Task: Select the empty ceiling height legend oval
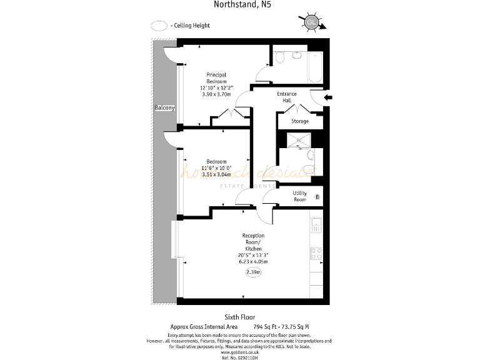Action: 160,26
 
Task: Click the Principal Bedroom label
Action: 216,77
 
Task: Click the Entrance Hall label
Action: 287,97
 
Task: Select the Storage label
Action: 300,121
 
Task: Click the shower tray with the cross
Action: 299,140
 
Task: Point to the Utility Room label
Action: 299,196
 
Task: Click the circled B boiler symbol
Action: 317,197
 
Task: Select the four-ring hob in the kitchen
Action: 316,254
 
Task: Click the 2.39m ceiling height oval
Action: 253,272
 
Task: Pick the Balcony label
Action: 165,108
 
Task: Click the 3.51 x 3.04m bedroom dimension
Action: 216,174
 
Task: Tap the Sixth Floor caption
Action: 240,317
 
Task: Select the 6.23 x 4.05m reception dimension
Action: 253,262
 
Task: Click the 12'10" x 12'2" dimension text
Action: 216,88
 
